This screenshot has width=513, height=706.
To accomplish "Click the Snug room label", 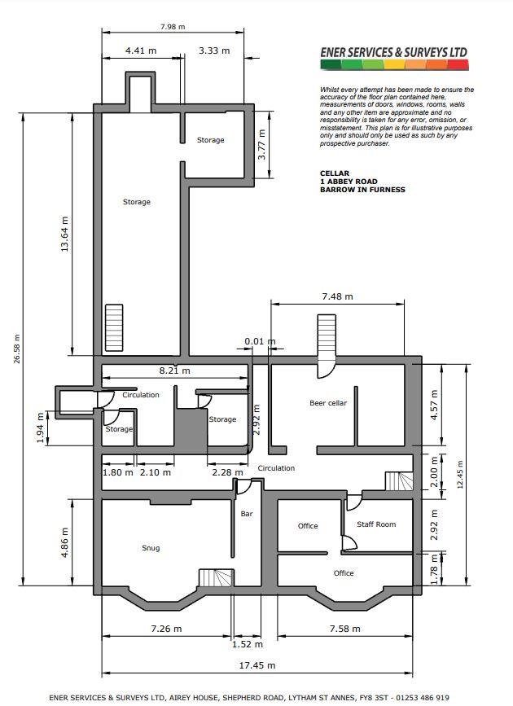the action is point(151,548).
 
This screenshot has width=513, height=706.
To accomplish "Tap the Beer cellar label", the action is point(328,403).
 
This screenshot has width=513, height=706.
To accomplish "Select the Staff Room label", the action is point(376,524).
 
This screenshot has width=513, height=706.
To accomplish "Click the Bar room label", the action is point(247,514).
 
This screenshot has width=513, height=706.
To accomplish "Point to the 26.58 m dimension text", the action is point(17,349).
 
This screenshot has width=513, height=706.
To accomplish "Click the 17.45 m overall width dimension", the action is point(256,665).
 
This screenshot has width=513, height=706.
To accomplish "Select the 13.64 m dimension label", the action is point(65,234).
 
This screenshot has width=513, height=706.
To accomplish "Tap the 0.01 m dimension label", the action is point(260,341).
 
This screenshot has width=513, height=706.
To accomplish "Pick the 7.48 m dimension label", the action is point(337,296).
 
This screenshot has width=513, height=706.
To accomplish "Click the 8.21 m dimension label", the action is point(175,371).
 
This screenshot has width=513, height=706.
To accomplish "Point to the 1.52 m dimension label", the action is point(248,644).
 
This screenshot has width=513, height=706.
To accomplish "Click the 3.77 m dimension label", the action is point(261,144).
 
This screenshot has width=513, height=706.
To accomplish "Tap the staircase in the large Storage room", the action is point(114,328).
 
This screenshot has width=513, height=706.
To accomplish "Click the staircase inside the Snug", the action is point(216,577).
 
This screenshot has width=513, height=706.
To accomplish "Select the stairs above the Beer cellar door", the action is point(327,335).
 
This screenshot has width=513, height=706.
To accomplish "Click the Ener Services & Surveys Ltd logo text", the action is point(394,52).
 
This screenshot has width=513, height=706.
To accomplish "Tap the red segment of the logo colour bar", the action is point(458,65).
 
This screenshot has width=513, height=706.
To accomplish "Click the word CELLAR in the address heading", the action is point(335,173).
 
